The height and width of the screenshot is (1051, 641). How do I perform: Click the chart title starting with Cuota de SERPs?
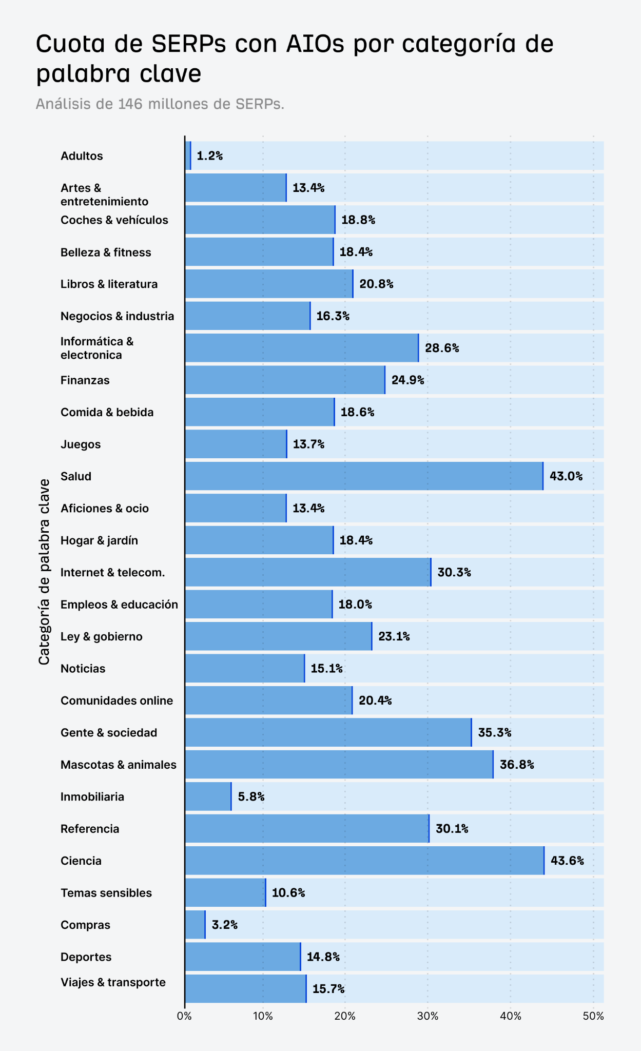point(295,58)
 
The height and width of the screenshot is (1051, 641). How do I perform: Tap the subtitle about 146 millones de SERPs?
point(160,104)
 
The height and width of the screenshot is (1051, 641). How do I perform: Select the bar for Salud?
point(363,476)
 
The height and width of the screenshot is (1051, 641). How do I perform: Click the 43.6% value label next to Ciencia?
point(567,861)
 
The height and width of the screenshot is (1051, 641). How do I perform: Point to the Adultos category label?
point(82,156)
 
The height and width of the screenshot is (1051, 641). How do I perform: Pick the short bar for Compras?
point(195,925)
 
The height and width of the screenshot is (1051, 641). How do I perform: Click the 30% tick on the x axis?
point(428,1016)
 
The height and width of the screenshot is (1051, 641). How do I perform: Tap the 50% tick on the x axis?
point(593,1016)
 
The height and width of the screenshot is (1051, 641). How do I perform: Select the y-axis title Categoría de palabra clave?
point(44,572)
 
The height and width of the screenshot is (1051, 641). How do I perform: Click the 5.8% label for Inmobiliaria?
point(251,796)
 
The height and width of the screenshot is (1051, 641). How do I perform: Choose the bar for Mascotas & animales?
point(339,764)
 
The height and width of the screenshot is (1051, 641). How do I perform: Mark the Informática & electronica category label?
point(97,348)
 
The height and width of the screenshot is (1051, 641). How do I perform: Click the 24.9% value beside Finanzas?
point(407,380)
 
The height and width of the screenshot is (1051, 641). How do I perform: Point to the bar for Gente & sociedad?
point(328,732)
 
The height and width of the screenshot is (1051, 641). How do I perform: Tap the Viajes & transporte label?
point(113,982)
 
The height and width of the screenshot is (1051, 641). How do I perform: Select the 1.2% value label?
point(209,156)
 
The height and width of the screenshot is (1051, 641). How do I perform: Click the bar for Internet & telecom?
point(308,572)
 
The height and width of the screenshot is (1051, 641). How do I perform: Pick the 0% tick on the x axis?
point(184,1016)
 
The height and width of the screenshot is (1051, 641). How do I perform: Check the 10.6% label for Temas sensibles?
point(288,892)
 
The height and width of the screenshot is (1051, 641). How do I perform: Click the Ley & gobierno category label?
point(101,636)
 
